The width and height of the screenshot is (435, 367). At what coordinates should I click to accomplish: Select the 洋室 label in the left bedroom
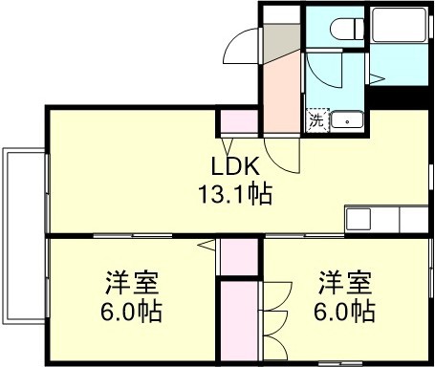132,283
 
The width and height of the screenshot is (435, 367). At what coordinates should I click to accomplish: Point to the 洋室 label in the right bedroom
345,283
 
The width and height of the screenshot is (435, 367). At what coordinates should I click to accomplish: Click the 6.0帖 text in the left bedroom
132,311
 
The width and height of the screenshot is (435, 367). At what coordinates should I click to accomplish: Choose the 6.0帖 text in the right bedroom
345,311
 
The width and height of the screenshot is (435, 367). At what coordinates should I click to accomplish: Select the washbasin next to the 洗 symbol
346,120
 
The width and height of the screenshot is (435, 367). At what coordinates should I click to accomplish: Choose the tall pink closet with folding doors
239,320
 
